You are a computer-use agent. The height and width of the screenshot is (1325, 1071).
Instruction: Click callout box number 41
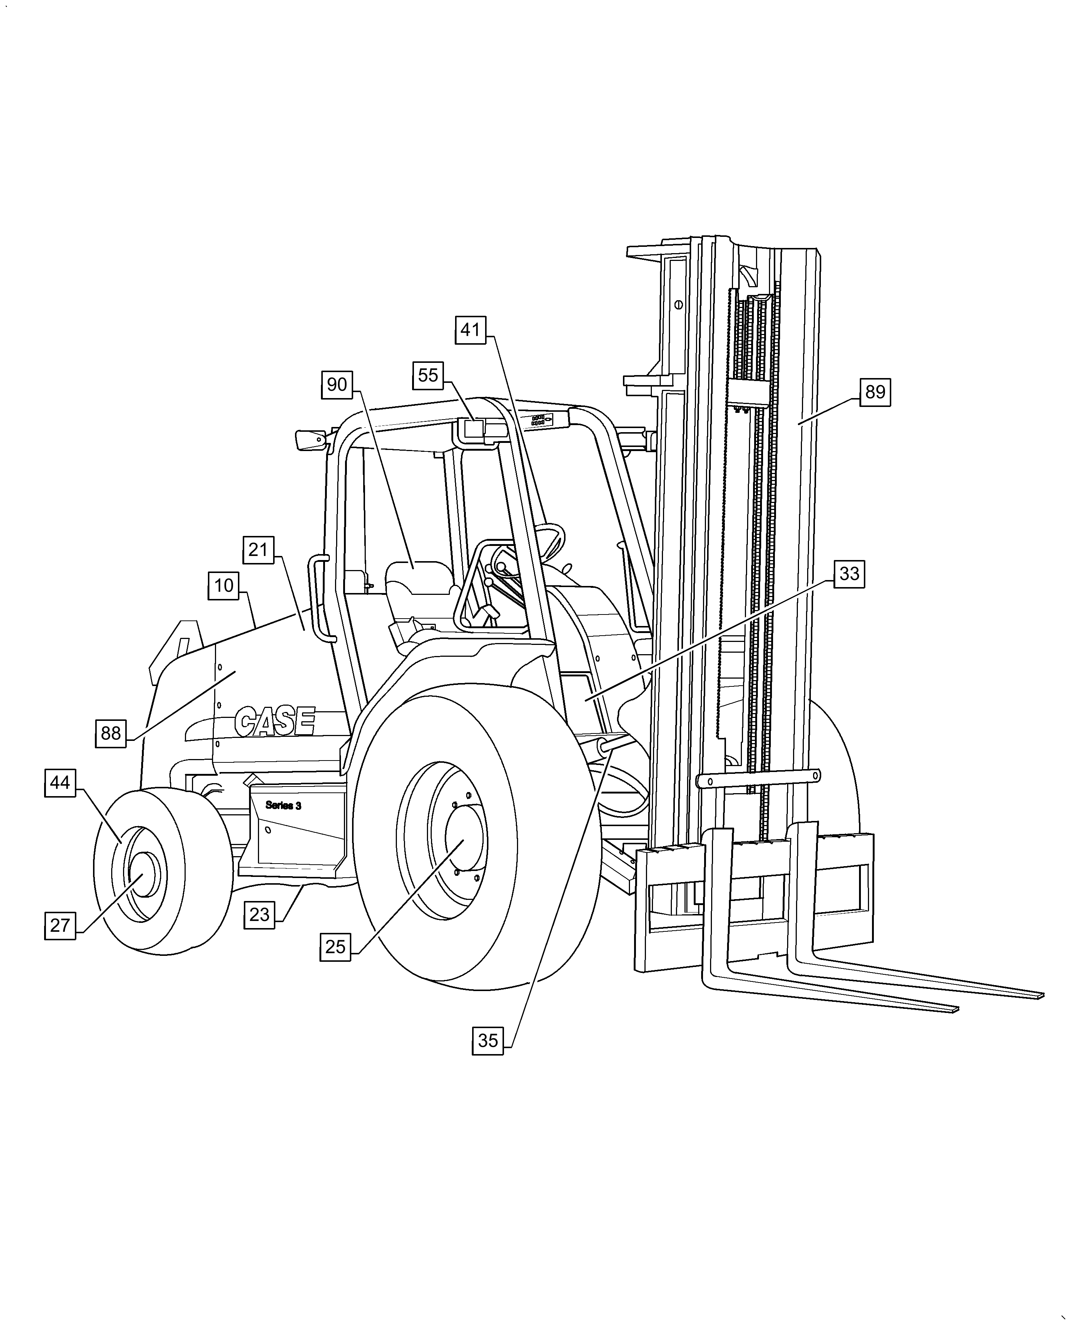coord(470,330)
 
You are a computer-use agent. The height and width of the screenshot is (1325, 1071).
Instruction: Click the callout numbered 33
coord(849,574)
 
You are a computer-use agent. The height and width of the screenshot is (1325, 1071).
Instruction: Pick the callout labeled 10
coord(223,585)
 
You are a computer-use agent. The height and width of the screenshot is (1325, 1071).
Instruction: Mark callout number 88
coord(111,733)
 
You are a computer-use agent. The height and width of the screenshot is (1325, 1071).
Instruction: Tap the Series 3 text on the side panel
coord(283,805)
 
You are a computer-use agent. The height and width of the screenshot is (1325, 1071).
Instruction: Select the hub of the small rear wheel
coord(142,875)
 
